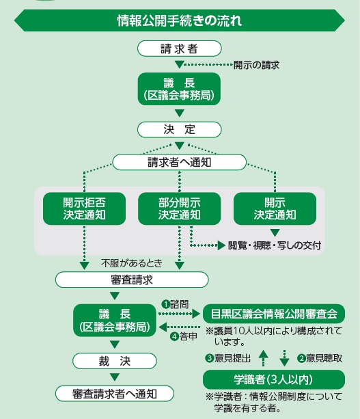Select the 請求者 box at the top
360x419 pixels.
179,49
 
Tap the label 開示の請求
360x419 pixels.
257,66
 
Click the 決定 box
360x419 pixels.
179,128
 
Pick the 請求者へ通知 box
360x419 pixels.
179,163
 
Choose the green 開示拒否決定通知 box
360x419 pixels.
84,208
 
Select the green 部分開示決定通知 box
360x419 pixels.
179,208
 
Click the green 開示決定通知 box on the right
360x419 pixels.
275,208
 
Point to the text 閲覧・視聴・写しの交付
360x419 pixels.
274,245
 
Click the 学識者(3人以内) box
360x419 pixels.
274,378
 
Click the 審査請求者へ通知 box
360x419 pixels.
114,394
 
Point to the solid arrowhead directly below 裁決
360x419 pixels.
114,377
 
